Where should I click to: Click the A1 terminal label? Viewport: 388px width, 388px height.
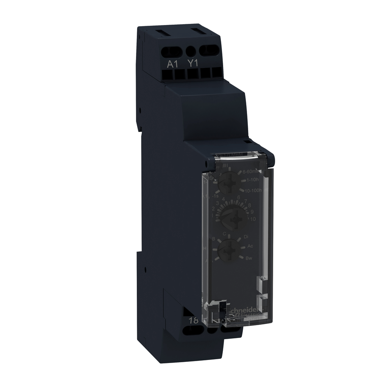pyautogui.click(x=173, y=64)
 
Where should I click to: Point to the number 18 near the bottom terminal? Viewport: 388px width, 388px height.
pyautogui.click(x=193, y=320)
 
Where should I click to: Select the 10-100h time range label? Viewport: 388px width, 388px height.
pyautogui.click(x=253, y=190)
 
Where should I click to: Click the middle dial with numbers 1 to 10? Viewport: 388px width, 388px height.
pyautogui.click(x=232, y=215)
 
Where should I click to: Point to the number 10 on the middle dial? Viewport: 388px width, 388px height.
pyautogui.click(x=253, y=219)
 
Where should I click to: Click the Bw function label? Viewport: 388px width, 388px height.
pyautogui.click(x=249, y=258)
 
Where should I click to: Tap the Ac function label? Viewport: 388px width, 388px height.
pyautogui.click(x=250, y=246)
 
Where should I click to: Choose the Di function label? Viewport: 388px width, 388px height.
pyautogui.click(x=246, y=236)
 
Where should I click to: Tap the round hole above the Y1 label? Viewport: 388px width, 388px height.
pyautogui.click(x=192, y=50)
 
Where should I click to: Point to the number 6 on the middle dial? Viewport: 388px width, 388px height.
pyautogui.click(x=238, y=197)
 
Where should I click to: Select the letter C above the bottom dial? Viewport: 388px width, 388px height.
pyautogui.click(x=224, y=233)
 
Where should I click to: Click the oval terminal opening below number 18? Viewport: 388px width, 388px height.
pyautogui.click(x=191, y=330)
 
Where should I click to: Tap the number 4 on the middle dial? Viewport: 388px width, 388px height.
pyautogui.click(x=224, y=199)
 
